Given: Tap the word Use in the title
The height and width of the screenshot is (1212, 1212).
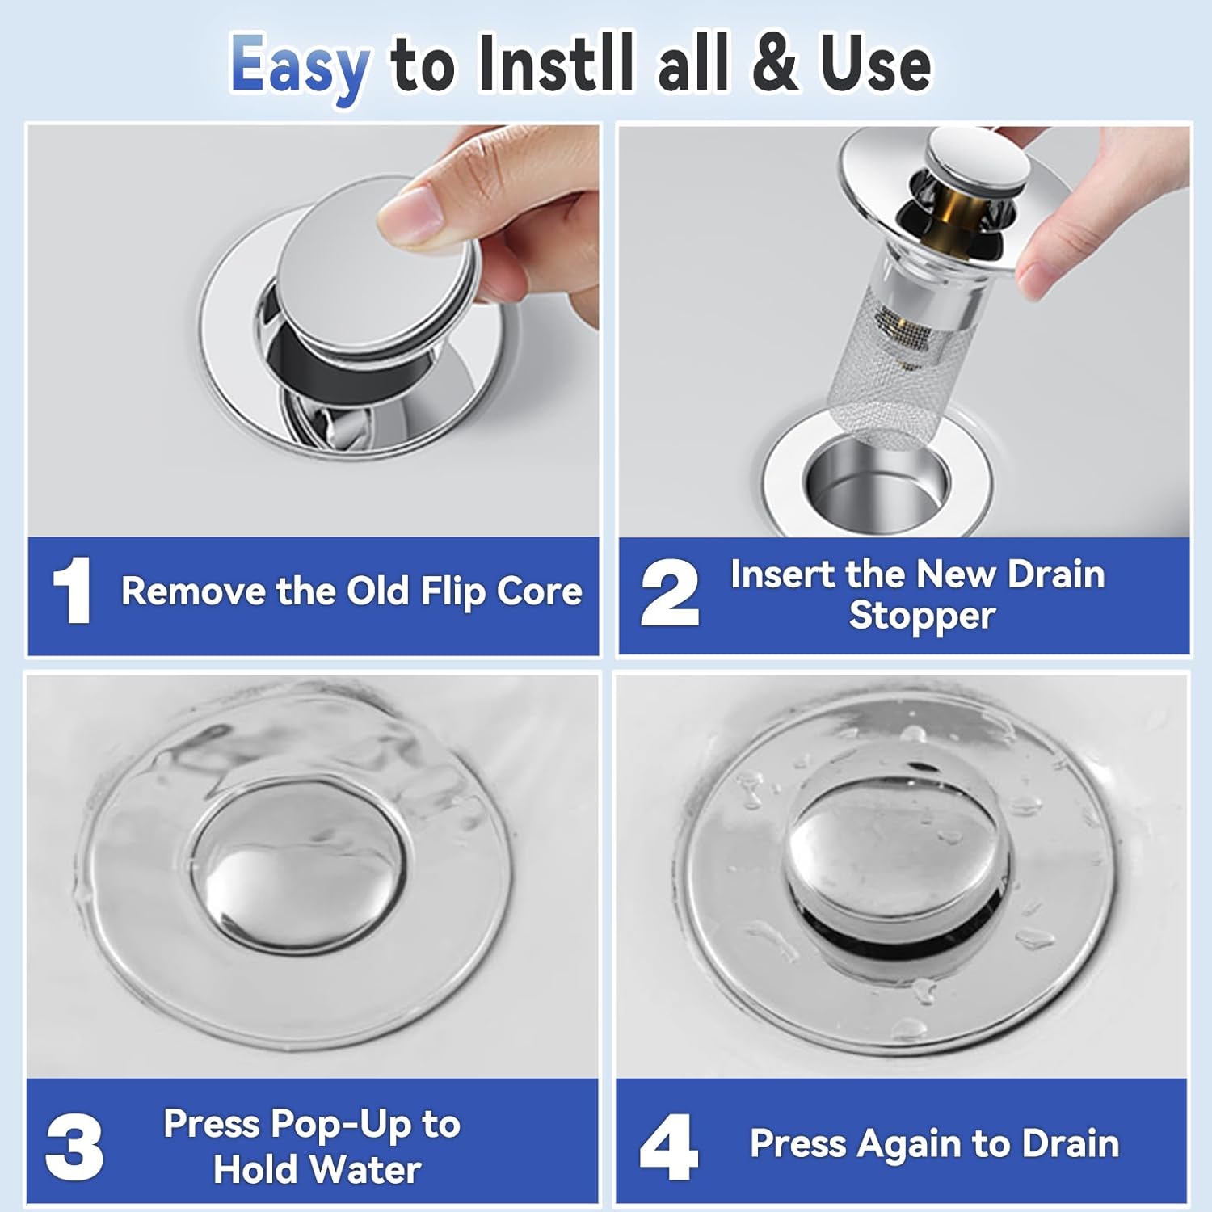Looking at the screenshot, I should (876, 65).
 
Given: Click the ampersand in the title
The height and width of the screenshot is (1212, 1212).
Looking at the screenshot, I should (778, 65).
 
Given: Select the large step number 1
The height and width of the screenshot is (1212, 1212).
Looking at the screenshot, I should (73, 592).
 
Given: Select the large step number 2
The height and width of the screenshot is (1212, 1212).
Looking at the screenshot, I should (669, 594).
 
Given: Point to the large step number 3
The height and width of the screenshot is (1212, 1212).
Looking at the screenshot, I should (74, 1147).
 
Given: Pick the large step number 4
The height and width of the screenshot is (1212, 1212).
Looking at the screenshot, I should (668, 1147).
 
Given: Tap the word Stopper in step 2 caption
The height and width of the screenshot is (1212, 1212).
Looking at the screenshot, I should (921, 616).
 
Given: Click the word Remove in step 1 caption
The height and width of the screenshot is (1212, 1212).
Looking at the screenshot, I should (194, 591).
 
